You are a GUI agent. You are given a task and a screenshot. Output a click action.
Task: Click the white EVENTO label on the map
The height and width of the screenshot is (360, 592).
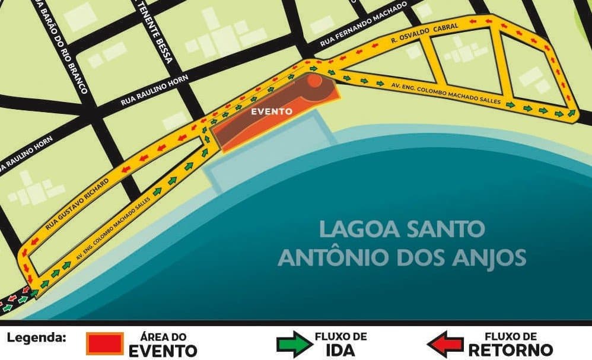(x=271, y=111)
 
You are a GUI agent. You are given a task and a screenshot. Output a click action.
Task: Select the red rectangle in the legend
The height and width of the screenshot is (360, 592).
(x=105, y=343)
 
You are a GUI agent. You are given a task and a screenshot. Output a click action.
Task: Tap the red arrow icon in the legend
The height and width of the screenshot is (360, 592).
(x=445, y=344)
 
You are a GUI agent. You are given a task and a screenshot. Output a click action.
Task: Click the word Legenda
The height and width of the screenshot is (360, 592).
(x=36, y=338)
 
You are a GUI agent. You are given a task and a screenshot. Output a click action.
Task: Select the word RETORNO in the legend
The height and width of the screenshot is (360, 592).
(x=510, y=350)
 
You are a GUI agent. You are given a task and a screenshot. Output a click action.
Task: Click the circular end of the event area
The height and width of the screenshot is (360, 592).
(x=316, y=81)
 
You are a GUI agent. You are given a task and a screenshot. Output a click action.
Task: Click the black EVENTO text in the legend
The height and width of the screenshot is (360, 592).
(x=163, y=350)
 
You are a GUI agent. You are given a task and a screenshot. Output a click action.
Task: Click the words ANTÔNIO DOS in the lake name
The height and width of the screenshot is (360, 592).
(x=365, y=258)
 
